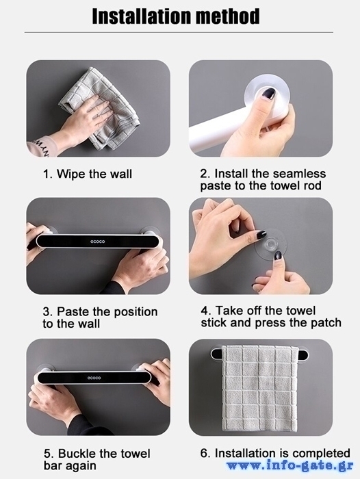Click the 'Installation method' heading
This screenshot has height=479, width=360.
[176, 16]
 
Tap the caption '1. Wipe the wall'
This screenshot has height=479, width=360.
[88, 174]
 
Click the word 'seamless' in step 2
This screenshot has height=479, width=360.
[299, 174]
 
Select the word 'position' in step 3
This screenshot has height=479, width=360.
[136, 312]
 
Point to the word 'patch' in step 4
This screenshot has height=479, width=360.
[326, 322]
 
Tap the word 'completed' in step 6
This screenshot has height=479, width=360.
[320, 453]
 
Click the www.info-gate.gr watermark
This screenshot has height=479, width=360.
[290, 465]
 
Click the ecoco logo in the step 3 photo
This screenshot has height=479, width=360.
[97, 242]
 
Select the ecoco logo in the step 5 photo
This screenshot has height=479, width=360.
[94, 378]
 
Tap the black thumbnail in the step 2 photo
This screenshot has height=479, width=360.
[270, 93]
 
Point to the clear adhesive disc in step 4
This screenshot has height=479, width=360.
[271, 244]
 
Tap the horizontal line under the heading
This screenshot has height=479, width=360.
[179, 32]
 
